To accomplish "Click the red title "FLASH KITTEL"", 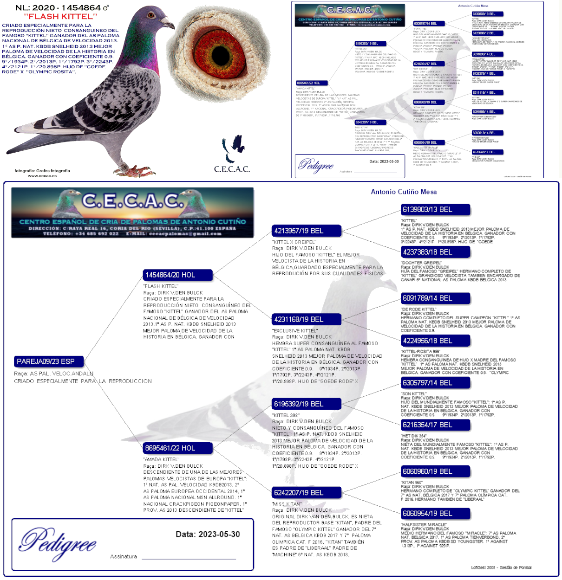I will pos(60,16).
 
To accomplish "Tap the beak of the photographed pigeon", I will pos(169,24).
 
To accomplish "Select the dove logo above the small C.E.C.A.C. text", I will pos(234,147).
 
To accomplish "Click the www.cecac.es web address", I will pos(42,176).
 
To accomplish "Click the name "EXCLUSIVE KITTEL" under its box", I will pos(295,331).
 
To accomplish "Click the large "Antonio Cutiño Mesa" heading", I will pos(404,192).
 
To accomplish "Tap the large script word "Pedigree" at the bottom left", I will pos(58,543).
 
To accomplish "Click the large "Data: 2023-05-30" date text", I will pos(208,534).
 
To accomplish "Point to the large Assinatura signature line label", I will pos(124,556).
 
